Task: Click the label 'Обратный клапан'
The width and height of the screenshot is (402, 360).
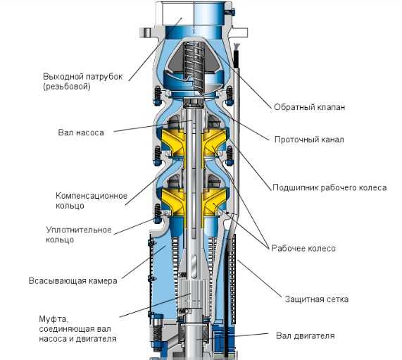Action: point(310,107)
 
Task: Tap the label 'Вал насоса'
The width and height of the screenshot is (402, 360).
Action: point(81,132)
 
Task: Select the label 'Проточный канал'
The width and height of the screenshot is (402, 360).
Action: point(309,139)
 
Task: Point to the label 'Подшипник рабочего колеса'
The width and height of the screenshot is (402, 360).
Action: point(329,187)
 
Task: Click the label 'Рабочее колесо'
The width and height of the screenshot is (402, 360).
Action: point(303,249)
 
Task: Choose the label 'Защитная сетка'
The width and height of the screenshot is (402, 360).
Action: point(317,299)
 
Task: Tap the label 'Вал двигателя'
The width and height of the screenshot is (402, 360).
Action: point(306,335)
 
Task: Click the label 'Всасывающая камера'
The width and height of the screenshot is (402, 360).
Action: point(73,280)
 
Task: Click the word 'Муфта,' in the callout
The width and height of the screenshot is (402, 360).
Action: point(54,319)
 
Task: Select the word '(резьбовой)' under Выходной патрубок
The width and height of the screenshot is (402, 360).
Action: point(67,87)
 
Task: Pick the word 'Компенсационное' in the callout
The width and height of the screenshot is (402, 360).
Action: point(92,196)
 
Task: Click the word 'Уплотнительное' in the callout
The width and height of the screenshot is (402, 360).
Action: point(79,230)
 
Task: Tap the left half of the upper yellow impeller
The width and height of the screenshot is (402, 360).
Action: point(172,143)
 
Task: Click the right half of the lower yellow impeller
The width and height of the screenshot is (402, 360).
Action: point(215,201)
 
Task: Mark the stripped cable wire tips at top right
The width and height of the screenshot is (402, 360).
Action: point(237,46)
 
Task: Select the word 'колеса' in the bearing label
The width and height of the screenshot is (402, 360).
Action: point(372,187)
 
